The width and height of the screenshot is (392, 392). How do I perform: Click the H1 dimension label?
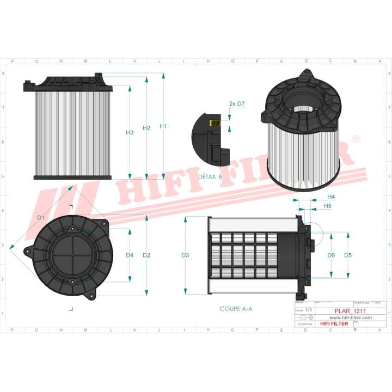coord(163,126)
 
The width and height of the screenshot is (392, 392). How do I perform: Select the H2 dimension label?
coord(146,128)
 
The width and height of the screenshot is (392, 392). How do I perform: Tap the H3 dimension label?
coord(130,132)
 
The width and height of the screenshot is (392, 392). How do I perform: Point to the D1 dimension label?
coord(40,218)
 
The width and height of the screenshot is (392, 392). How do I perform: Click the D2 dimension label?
coord(146,255)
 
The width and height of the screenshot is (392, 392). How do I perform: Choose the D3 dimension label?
coord(185,255)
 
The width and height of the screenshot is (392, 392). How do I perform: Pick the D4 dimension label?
coord(130,255)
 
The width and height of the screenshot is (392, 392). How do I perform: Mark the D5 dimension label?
coord(348,255)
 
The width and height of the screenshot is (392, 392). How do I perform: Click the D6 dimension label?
coord(331,255)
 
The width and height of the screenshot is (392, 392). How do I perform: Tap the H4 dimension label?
coord(331,197)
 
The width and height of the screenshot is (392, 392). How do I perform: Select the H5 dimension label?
coord(328,206)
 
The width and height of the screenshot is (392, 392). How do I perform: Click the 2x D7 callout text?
coord(237,103)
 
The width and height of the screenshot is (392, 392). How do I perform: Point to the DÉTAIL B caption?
coord(210,177)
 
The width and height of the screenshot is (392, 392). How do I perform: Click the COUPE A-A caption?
coord(236,309)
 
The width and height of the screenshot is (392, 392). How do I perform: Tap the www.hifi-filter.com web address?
coord(350,317)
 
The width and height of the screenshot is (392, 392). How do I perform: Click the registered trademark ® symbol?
coord(356,139)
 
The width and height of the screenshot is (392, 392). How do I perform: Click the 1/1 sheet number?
coord(309,309)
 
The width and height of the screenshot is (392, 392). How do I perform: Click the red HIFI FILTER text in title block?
coord(333,323)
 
